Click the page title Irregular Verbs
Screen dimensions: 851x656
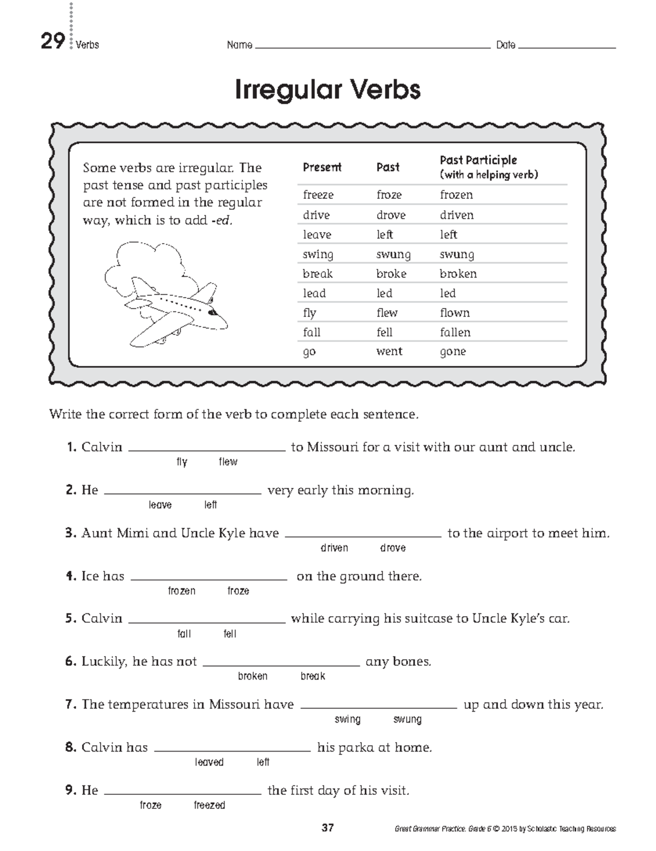[327, 90]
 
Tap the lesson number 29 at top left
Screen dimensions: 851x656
[52, 42]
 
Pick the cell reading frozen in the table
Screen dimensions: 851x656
[456, 195]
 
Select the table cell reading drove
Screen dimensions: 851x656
[390, 215]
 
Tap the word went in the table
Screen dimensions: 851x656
[389, 351]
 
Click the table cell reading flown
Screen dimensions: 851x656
[454, 313]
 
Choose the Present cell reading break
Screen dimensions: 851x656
[318, 274]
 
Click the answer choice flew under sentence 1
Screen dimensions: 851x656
[228, 462]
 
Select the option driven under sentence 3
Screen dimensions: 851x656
[334, 548]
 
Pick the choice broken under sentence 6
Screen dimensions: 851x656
[253, 676]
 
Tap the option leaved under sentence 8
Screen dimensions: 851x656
[209, 762]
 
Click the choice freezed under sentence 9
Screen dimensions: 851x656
[209, 805]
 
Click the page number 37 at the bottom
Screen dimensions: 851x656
[327, 828]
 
